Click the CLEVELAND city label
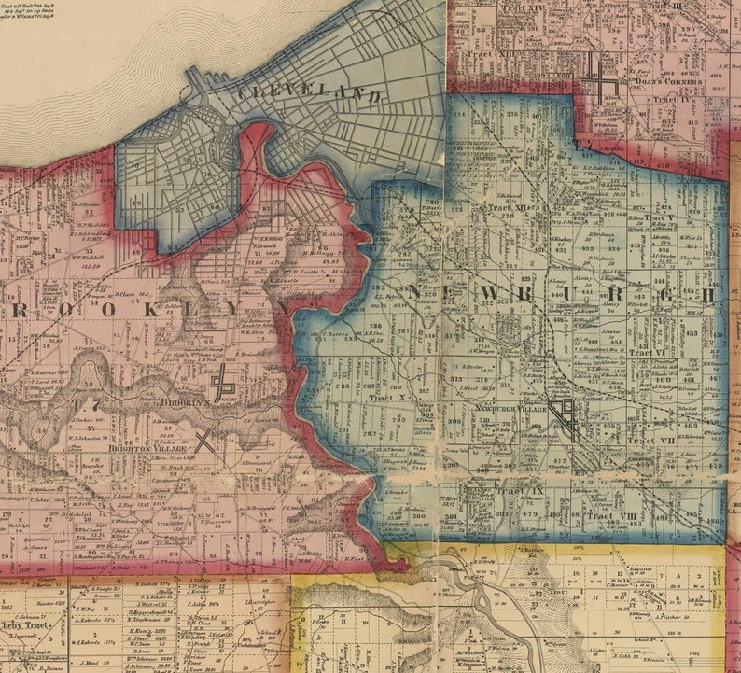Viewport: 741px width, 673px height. [308, 94]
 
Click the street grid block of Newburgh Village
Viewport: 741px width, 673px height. [564, 416]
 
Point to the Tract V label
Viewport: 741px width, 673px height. [664, 218]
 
